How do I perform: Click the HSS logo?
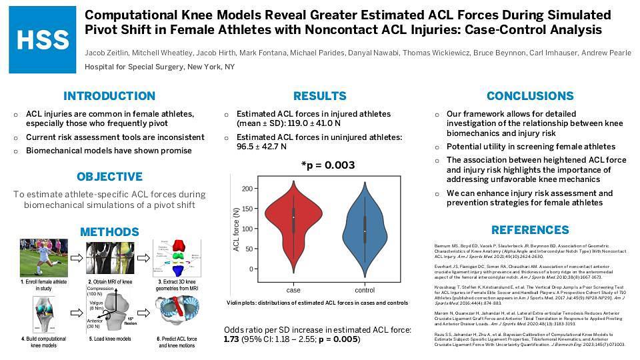[x=42, y=41]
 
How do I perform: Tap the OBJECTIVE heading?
[x=109, y=177]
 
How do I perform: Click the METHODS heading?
[x=109, y=232]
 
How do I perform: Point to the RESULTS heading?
[x=319, y=96]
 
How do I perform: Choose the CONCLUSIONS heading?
[x=530, y=96]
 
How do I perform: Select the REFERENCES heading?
[x=530, y=230]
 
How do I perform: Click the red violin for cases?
[x=293, y=217]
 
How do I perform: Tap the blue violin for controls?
[x=365, y=227]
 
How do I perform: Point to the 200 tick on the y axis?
[x=248, y=189]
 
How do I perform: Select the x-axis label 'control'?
[x=365, y=290]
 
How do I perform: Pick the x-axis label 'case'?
[x=293, y=290]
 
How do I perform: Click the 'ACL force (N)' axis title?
[x=236, y=229]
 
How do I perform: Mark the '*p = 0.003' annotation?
[x=328, y=165]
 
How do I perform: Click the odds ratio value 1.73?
[x=231, y=339]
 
